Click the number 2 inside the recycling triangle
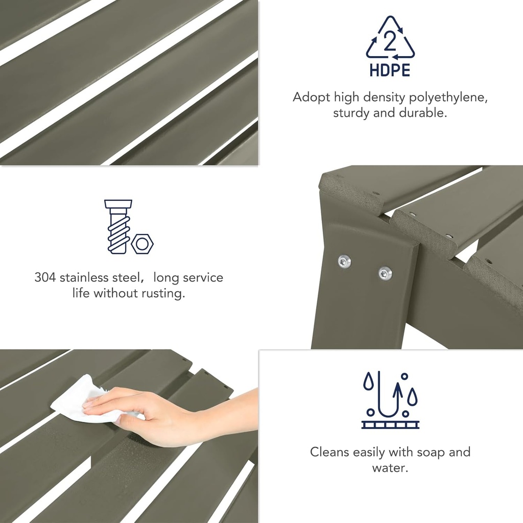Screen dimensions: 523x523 tap(390, 42)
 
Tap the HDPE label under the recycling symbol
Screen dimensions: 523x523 tap(390, 70)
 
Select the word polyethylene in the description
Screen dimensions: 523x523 tap(448, 98)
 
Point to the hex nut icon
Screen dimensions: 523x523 tap(142, 244)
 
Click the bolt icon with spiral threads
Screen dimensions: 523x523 tap(118, 227)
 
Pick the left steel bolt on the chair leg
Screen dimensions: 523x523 tap(344, 261)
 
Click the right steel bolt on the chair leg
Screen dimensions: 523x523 tap(385, 274)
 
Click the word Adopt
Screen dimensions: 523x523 tap(312, 98)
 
